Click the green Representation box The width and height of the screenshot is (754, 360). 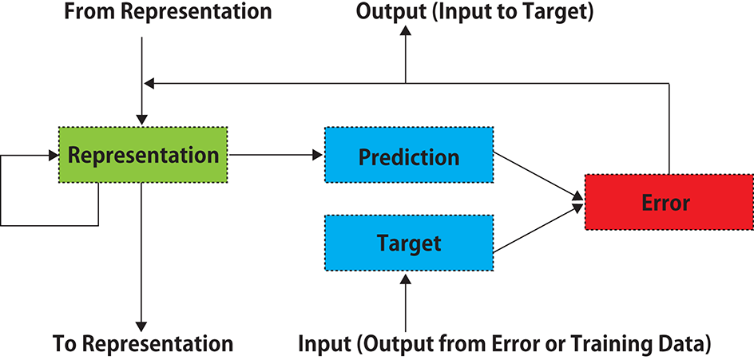coord(143,155)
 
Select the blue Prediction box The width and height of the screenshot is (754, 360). coord(408,156)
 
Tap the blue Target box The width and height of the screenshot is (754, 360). coord(408,242)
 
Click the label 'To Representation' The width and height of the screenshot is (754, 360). coord(143,344)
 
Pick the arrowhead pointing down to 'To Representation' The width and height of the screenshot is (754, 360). coord(141,325)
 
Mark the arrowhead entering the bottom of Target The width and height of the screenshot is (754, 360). coord(406,279)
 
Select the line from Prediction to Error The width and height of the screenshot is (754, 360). coord(535,174)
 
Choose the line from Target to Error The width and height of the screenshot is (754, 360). coord(535,231)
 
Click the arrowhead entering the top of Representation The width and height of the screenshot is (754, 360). coord(141,118)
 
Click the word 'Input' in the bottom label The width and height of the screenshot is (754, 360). coord(325,344)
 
